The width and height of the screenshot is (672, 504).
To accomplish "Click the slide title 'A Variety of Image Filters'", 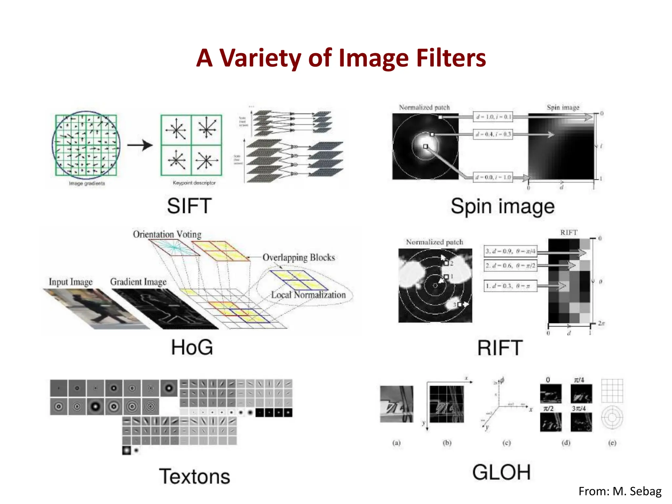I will click(341, 58).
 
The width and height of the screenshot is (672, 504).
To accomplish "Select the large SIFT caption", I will click(189, 206).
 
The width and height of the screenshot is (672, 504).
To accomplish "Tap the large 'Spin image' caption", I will click(502, 207).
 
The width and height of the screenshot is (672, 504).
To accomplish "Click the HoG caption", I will click(192, 347).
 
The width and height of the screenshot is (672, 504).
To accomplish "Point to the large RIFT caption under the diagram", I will click(500, 348).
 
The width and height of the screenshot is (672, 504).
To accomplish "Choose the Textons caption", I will click(195, 476).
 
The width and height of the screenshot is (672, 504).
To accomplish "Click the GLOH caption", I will click(501, 472).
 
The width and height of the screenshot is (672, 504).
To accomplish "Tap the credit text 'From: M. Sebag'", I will click(620, 491).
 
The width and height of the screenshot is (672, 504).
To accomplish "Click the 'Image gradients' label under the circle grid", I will click(87, 183).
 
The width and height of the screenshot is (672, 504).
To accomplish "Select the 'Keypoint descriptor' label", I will click(194, 183).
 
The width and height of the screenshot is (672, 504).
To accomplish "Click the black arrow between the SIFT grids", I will click(140, 145).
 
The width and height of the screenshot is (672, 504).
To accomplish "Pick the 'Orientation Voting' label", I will click(167, 234).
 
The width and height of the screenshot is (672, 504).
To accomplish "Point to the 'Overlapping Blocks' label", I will click(299, 258).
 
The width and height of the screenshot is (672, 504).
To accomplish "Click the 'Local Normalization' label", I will click(308, 295).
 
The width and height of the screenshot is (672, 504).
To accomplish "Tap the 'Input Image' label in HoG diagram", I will click(71, 282).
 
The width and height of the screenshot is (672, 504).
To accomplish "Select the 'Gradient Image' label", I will click(138, 282).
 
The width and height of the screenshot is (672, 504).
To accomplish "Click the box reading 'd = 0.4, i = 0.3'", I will click(493, 134).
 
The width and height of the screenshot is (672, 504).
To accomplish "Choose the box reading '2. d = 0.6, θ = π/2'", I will click(510, 265).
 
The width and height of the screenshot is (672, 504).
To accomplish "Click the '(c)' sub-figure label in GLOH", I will click(507, 443).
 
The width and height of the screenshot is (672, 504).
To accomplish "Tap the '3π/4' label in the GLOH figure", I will click(578, 409).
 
